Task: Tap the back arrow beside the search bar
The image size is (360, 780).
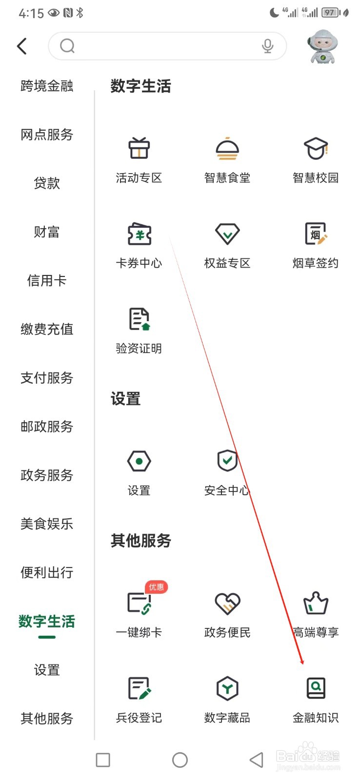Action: pos(22,46)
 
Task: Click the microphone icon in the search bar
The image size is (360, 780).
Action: pos(267,46)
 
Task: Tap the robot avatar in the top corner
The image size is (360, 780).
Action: pos(322,47)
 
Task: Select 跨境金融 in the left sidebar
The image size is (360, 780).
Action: pos(47,86)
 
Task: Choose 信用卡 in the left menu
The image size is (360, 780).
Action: pos(47,280)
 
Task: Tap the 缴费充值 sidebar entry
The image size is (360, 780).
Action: pos(47,329)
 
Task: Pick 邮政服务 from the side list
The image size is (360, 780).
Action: pos(47,427)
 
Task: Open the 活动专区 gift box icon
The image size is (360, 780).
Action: pos(139,148)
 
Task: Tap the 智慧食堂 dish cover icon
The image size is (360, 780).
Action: pos(227,148)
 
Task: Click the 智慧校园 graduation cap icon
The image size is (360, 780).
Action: pos(316,148)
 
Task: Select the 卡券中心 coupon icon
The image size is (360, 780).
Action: pos(139,234)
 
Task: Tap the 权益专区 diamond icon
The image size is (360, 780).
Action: pos(227,234)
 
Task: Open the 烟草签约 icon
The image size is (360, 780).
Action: pos(316,234)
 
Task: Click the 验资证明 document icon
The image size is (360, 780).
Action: pos(139,319)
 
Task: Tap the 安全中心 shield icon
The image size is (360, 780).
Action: pos(227,461)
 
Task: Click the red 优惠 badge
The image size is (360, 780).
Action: pos(156,587)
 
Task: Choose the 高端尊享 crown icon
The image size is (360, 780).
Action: pos(316,604)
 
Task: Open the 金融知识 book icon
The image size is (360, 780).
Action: pos(316,688)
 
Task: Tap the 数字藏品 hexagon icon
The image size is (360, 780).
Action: pos(227,688)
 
